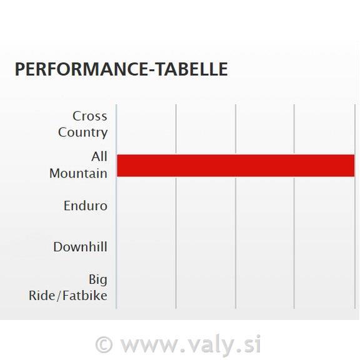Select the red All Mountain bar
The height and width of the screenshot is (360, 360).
(x=236, y=166)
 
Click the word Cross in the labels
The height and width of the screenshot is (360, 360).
(x=90, y=116)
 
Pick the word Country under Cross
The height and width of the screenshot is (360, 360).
(x=82, y=132)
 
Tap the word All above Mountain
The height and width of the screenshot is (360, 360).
(x=99, y=157)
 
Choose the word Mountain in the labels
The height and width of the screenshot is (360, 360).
(x=78, y=173)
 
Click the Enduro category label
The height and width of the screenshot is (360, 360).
(x=86, y=206)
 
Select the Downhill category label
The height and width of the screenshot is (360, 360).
(x=80, y=247)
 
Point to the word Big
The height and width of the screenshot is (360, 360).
(x=98, y=279)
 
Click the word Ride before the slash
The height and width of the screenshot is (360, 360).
(x=42, y=295)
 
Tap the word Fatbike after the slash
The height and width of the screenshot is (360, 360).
(x=84, y=295)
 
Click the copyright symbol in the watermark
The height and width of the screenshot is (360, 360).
(x=104, y=345)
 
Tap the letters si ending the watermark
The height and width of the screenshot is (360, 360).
(x=252, y=344)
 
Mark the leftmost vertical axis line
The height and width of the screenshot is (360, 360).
(x=116, y=207)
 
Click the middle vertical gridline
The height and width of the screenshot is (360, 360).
(x=236, y=207)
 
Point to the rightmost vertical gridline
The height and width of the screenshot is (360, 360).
(x=355, y=207)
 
